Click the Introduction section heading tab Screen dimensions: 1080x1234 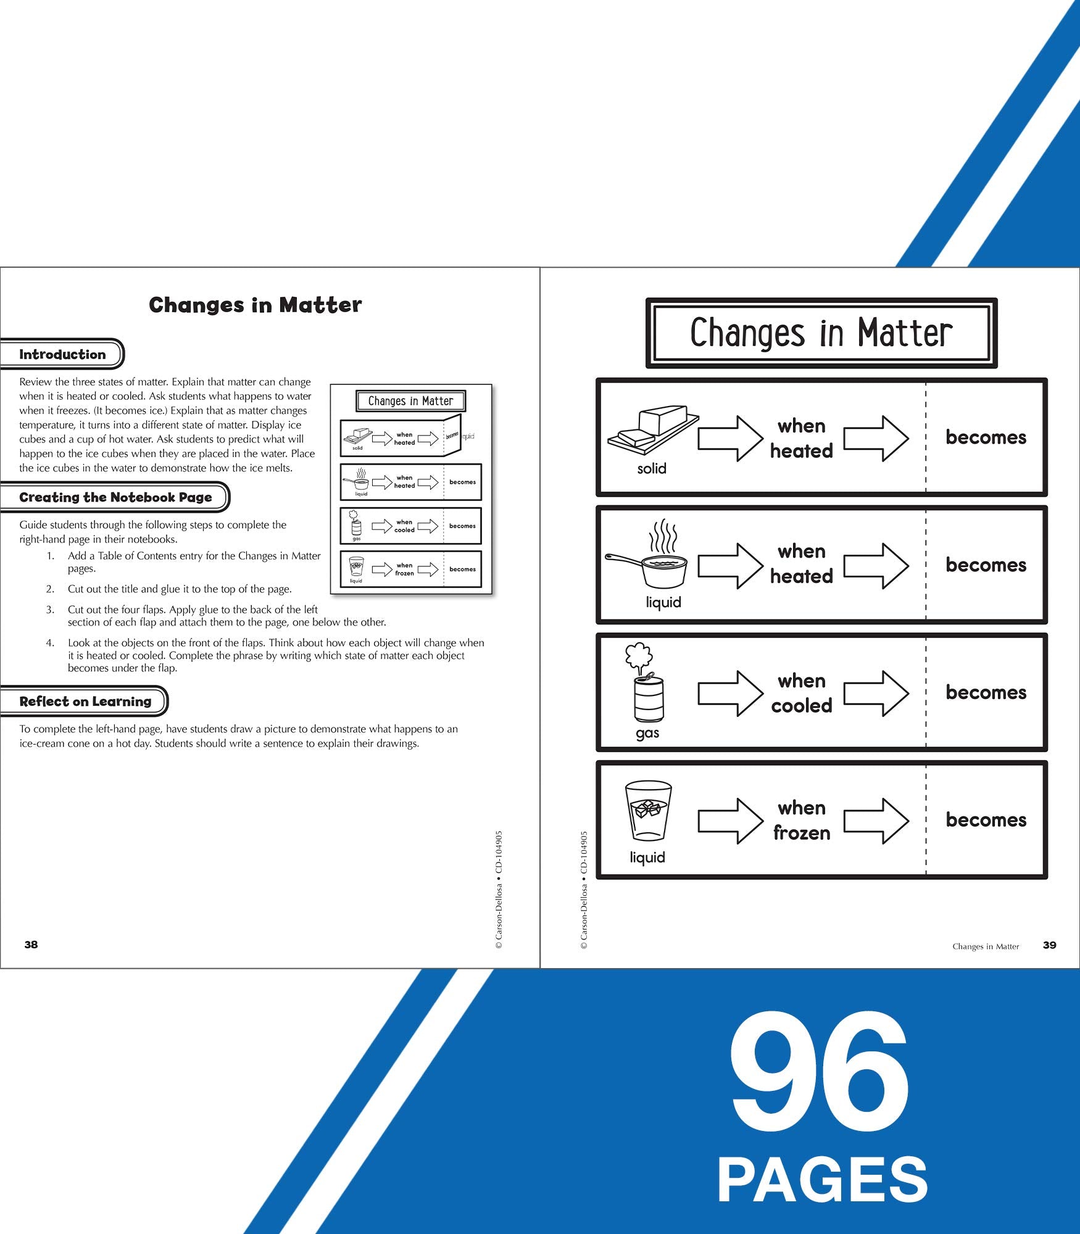[x=62, y=354]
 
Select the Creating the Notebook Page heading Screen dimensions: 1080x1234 [x=115, y=497]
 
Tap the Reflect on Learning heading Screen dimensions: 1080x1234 [x=85, y=702]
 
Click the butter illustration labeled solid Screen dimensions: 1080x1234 [x=653, y=428]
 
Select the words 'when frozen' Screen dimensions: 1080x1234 [x=802, y=820]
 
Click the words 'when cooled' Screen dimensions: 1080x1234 [x=802, y=693]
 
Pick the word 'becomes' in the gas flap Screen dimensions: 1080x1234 [x=986, y=692]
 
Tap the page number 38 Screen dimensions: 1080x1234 [x=31, y=945]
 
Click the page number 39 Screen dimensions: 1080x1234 [x=1049, y=945]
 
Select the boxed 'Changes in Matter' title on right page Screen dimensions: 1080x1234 [x=821, y=333]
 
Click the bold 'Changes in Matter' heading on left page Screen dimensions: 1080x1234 [x=255, y=305]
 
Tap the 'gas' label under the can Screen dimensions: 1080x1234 [x=647, y=733]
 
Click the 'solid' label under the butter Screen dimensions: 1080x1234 [x=652, y=468]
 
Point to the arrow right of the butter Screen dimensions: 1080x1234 [x=731, y=438]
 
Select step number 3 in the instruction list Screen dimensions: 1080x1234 [x=50, y=609]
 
